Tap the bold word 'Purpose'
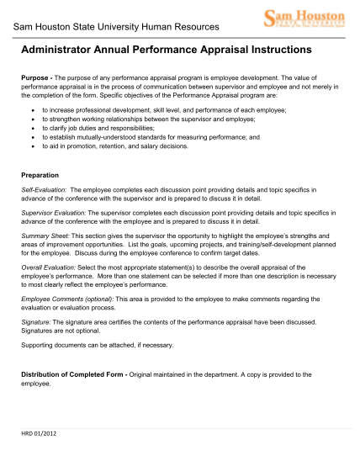35,77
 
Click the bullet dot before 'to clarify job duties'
34,129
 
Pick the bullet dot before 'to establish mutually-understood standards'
34,137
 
